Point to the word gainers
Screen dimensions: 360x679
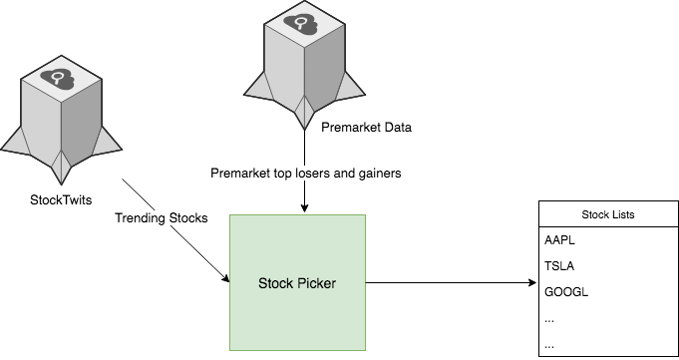click(376, 173)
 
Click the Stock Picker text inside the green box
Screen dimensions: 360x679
click(297, 283)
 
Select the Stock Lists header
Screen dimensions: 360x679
click(607, 214)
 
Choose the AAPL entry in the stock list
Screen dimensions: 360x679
click(560, 241)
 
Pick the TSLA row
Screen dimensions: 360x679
click(559, 267)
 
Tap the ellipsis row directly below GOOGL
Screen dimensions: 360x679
click(550, 319)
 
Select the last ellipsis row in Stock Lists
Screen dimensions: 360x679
click(550, 345)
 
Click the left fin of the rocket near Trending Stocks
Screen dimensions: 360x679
click(21, 144)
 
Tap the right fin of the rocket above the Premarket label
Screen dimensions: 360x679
click(349, 88)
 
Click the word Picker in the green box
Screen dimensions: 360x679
click(316, 283)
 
